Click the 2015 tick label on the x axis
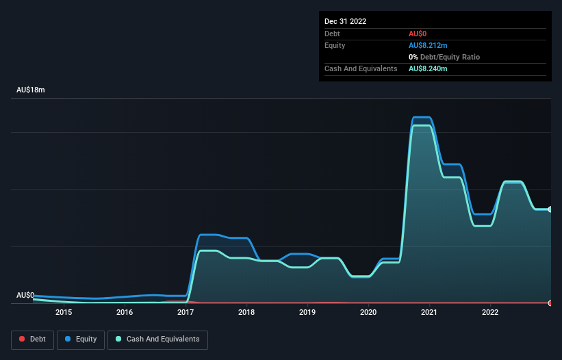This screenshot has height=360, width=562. point(64,313)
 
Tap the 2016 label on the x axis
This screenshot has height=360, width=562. point(125,313)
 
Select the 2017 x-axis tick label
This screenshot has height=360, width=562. point(186,313)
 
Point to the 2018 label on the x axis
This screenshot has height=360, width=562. point(246,313)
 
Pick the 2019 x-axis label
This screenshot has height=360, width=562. point(307,313)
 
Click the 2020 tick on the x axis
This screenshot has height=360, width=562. point(368,313)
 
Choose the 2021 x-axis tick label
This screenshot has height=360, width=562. point(429,313)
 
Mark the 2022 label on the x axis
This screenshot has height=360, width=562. point(490,313)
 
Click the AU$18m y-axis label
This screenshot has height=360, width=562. point(31,90)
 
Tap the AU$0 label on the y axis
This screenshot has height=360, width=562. point(25,296)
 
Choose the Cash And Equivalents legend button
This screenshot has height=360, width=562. point(157,339)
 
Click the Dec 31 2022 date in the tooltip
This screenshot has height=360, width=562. point(345,21)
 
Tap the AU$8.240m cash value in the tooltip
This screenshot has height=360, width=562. point(428,68)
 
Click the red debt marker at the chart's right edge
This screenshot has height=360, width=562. point(550,303)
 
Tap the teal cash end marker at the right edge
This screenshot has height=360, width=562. point(550,209)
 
